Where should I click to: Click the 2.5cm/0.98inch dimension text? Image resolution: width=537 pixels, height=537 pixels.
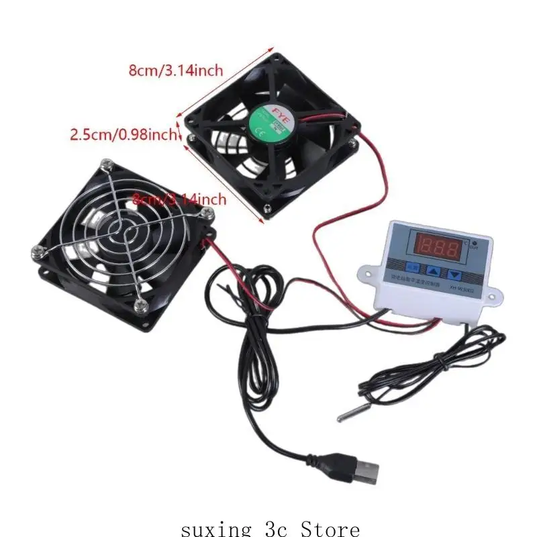click(x=124, y=135)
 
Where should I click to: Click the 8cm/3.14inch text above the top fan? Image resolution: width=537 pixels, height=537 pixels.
click(x=175, y=70)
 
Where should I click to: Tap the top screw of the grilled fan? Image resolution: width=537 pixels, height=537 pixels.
click(x=105, y=164)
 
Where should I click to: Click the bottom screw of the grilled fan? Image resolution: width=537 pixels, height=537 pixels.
click(x=140, y=305)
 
